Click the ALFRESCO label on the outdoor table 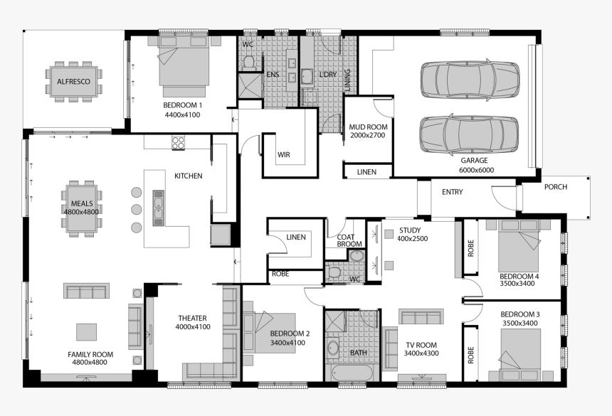tap(73, 82)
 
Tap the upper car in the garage tap(470, 80)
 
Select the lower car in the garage tap(469, 134)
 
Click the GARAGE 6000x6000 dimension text tap(476, 170)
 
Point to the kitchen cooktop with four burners tap(179, 142)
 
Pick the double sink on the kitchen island tap(158, 208)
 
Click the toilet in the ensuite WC tap(248, 63)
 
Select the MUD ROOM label tap(368, 127)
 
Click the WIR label tap(284, 155)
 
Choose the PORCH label tap(555, 187)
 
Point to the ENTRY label tap(453, 192)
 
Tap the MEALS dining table tap(82, 208)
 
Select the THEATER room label tap(192, 319)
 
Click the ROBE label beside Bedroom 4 tap(470, 248)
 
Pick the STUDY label tap(410, 230)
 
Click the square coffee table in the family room tap(86, 332)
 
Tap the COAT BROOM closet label tap(349, 240)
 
